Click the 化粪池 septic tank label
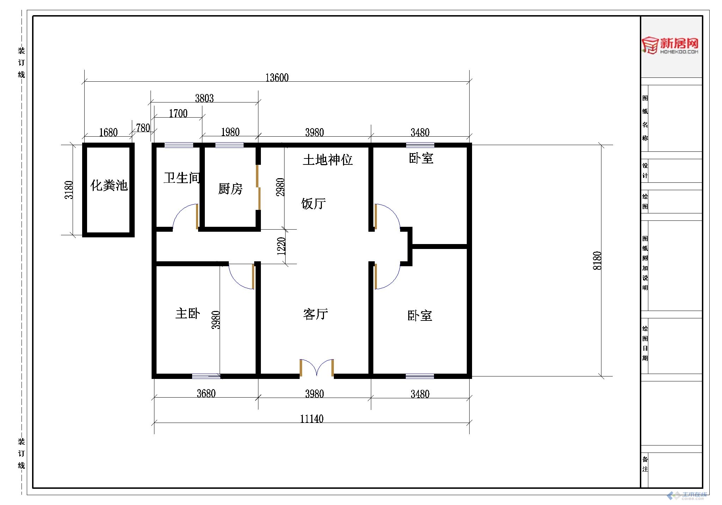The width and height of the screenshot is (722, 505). coord(109,185)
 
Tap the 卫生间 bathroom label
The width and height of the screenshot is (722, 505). coord(182,178)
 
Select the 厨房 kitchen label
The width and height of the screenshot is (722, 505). coord(230,189)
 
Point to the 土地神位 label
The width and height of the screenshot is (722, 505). coord(328,160)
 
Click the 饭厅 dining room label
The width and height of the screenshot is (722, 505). coord(313,204)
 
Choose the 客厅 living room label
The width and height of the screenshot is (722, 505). coord(316,314)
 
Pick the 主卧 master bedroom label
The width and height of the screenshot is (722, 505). coord(188,313)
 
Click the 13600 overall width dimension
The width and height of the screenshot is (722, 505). coord(277,77)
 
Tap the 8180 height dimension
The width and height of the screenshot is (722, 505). coord(597,261)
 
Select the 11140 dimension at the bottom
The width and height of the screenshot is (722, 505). coord(312,419)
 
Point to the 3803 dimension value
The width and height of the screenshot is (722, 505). coord(204,98)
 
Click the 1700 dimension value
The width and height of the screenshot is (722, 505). coord(178,113)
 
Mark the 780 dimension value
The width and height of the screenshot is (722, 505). coord(143,128)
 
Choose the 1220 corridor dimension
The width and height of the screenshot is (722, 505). coord(281,246)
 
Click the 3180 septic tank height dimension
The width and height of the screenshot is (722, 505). coord(69,190)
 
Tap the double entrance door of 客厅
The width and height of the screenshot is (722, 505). coord(317,368)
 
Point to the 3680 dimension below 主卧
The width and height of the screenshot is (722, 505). coord(206,393)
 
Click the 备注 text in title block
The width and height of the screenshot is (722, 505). coord(645,464)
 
